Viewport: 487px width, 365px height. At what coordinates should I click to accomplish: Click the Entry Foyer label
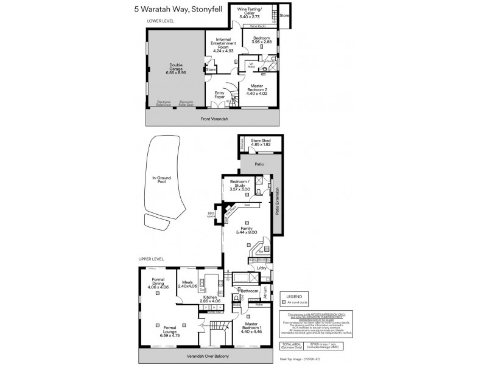click(x=220, y=94)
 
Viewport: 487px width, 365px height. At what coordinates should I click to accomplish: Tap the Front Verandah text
click(x=214, y=119)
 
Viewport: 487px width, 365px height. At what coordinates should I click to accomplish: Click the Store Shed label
click(x=261, y=144)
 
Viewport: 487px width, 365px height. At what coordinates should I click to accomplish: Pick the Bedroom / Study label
click(x=241, y=187)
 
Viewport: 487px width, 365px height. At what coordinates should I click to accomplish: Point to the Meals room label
click(x=187, y=283)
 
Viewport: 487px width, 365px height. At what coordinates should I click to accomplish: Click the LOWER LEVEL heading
click(x=161, y=21)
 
